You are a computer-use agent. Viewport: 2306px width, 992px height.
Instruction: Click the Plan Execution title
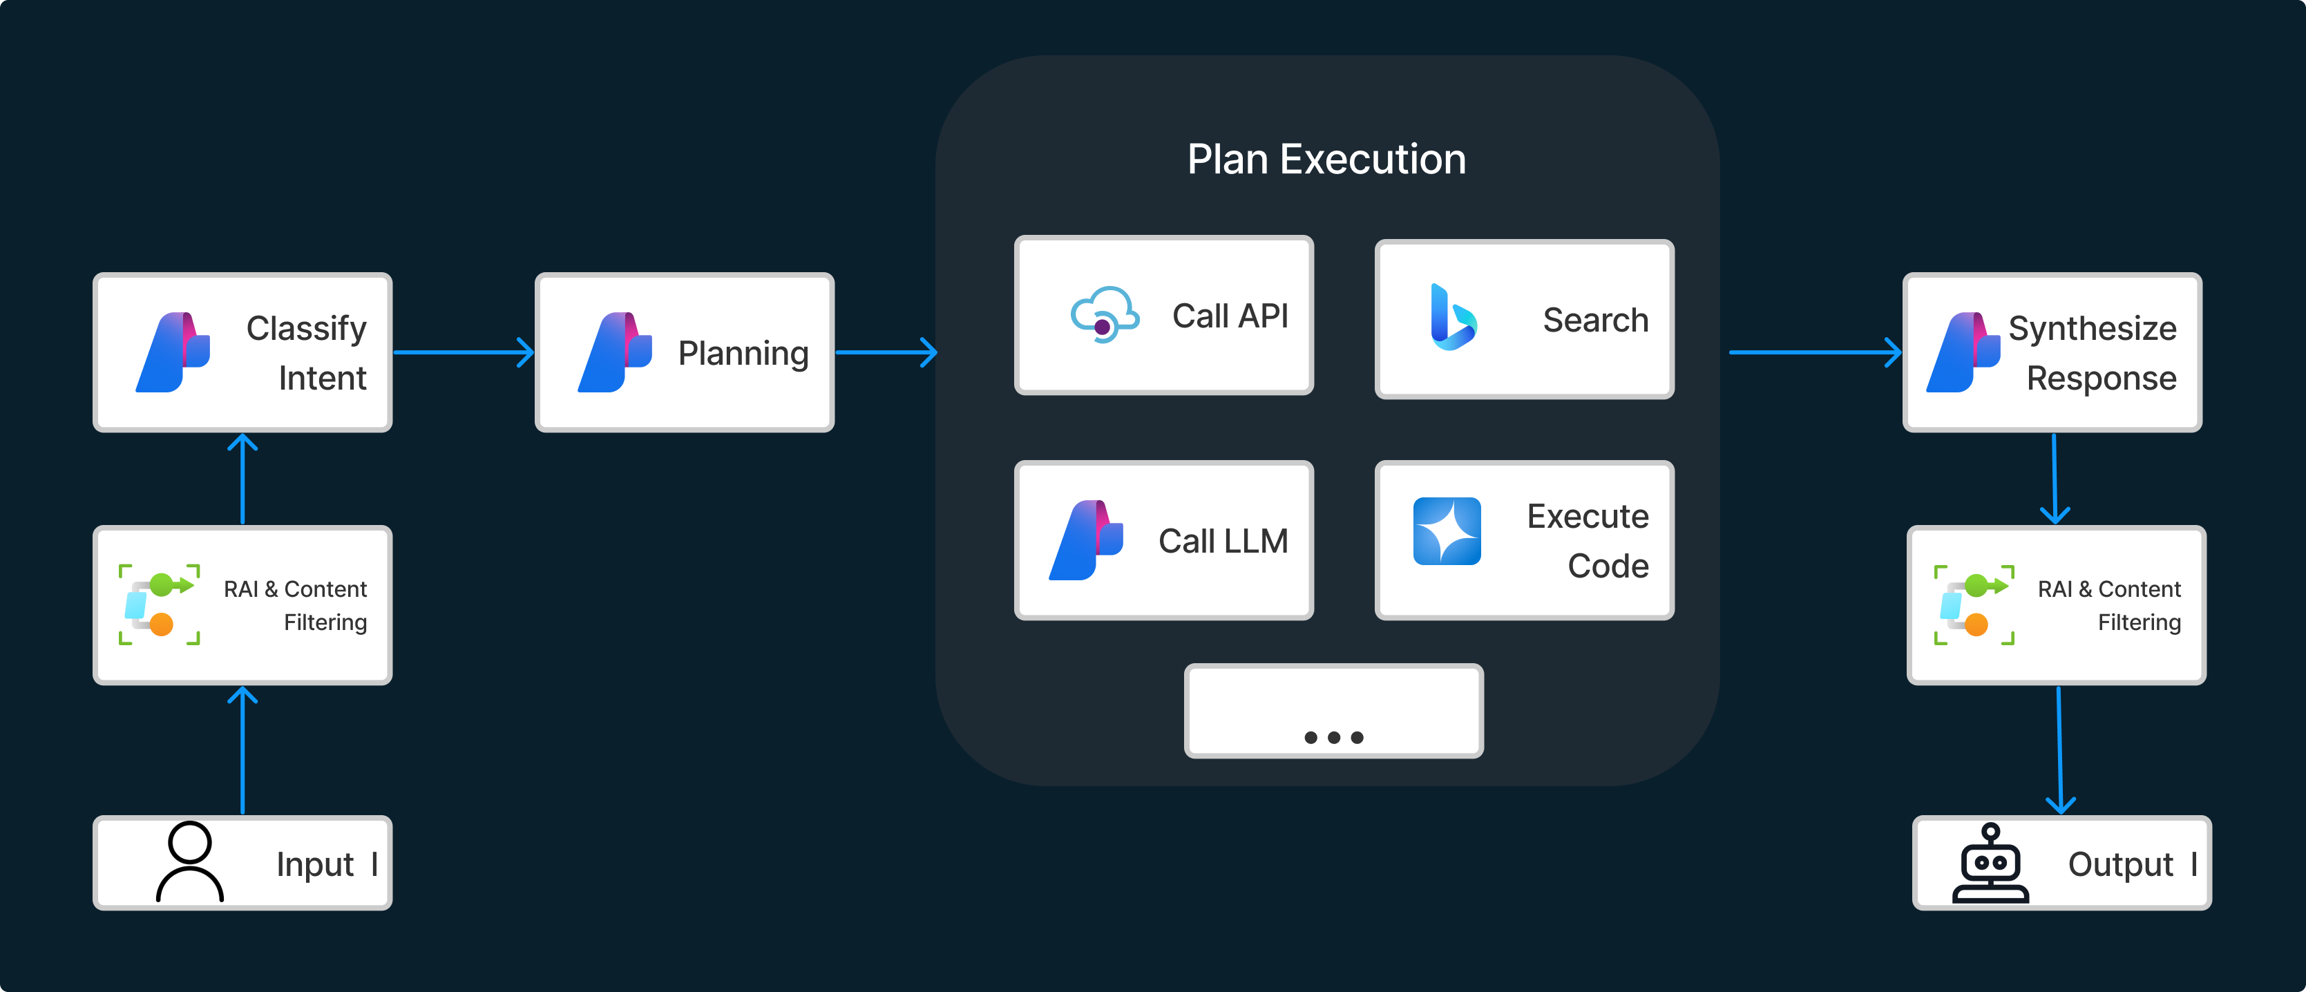[1326, 160]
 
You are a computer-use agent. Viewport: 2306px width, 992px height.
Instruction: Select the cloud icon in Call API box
[1105, 315]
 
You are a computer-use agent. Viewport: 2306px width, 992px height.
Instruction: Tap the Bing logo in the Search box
[1453, 317]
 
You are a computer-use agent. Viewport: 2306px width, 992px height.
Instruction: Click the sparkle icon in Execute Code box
[1447, 531]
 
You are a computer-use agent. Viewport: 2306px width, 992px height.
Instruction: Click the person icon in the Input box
[190, 861]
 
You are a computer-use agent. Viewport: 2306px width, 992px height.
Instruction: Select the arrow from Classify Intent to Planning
[464, 352]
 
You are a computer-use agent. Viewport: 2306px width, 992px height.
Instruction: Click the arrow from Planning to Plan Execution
[886, 352]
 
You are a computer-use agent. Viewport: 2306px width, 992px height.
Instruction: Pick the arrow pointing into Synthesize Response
[1816, 352]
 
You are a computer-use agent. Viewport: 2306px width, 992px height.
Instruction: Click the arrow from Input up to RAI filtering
[242, 750]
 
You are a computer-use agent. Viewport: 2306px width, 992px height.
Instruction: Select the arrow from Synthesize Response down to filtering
[2055, 479]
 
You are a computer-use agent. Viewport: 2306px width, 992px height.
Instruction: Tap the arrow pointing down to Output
[2060, 750]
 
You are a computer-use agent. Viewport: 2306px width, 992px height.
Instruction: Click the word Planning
[743, 354]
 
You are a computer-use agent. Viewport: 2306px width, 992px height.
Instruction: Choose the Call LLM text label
[1223, 541]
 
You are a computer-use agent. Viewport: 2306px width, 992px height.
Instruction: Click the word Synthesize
[2092, 329]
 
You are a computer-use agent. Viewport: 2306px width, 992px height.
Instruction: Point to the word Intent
[322, 378]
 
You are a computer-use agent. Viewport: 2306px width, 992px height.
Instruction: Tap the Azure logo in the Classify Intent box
[173, 352]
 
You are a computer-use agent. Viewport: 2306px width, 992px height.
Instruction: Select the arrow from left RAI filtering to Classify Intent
[242, 479]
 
